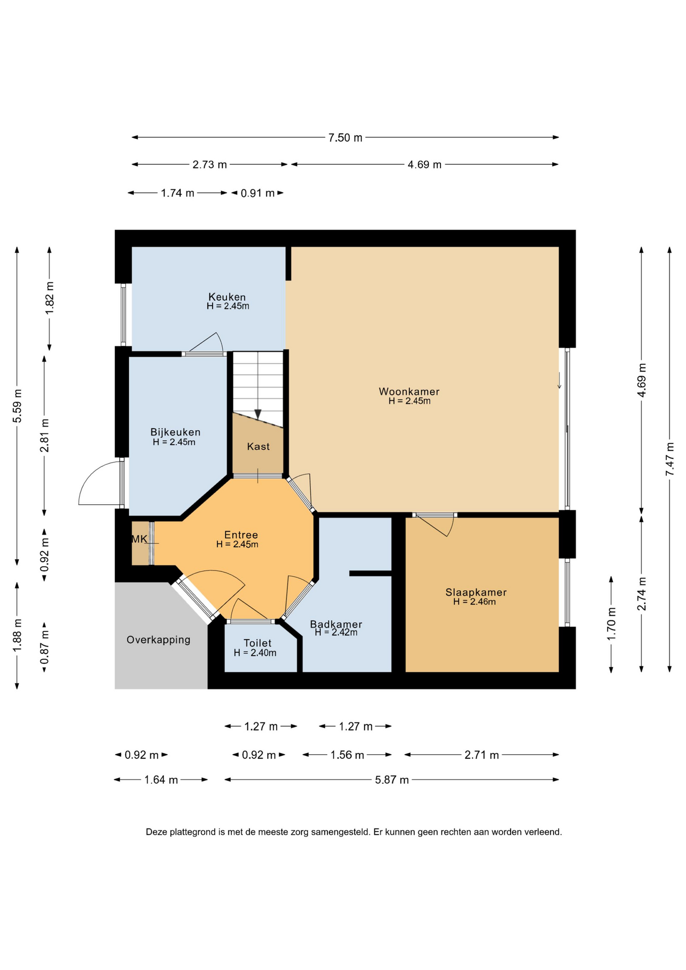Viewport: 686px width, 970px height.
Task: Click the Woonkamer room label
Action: click(409, 392)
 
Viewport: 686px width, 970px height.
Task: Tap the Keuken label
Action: click(227, 297)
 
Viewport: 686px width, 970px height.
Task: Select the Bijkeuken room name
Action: click(175, 432)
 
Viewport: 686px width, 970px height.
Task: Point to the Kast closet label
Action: click(258, 447)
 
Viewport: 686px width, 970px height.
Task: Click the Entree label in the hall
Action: click(241, 535)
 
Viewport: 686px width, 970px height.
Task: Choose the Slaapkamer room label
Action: click(476, 592)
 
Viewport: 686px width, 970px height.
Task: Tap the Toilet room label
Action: click(258, 643)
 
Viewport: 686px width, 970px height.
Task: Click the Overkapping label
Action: click(158, 640)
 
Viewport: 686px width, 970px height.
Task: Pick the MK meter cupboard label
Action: click(139, 539)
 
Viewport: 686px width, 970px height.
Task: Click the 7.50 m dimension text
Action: click(346, 137)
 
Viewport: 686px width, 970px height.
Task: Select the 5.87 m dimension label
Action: click(391, 780)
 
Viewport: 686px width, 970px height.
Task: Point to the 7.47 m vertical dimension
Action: click(670, 459)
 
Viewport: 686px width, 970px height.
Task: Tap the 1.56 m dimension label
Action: click(347, 755)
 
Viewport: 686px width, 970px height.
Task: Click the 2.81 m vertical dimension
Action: click(44, 435)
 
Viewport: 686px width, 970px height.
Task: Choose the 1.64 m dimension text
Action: click(161, 780)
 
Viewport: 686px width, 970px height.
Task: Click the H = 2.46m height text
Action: click(474, 602)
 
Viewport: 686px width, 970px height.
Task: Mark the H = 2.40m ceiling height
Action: click(255, 653)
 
